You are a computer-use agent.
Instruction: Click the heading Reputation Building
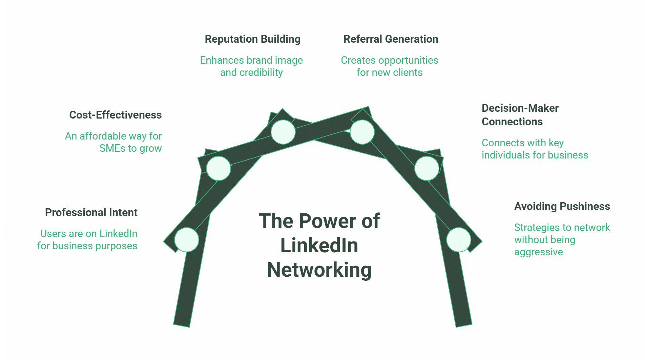pos(252,39)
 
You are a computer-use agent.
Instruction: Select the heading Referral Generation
pos(391,39)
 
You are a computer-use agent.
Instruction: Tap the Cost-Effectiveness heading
pos(115,115)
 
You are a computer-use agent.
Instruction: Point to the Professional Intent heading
pos(91,213)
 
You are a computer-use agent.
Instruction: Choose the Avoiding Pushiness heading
pos(562,207)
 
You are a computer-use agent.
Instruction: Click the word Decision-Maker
pos(520,108)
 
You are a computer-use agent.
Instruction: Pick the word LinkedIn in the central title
pos(319,246)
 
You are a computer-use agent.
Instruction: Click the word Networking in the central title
pos(319,270)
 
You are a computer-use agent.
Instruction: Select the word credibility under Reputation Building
pos(261,72)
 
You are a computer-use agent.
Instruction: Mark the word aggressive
pos(538,252)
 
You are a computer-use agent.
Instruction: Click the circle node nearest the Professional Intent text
pos(186,240)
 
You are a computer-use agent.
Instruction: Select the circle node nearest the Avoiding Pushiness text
pos(459,240)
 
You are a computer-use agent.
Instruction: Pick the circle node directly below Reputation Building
pos(283,132)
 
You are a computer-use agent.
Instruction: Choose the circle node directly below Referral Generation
pos(362,132)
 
